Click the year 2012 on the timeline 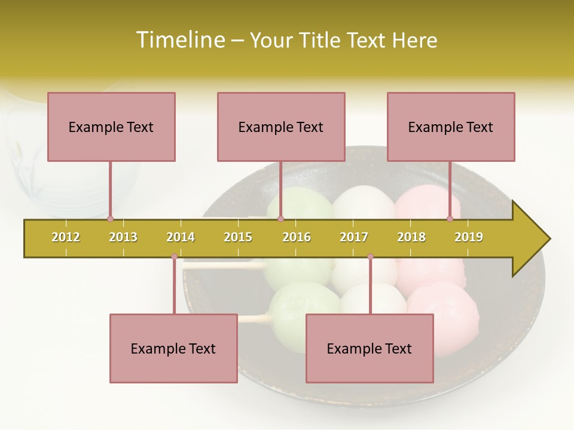[66, 237]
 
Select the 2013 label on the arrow [123, 237]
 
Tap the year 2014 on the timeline [181, 237]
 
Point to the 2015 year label [238, 237]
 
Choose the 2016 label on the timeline [297, 237]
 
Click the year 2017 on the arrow [354, 237]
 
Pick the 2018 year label [411, 237]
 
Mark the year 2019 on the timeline [469, 237]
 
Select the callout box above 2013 [111, 127]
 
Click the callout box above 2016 [281, 127]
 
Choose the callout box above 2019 [451, 127]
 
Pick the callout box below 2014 [173, 348]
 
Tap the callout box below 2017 [370, 348]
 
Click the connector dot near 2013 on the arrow [111, 219]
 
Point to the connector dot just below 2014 [174, 257]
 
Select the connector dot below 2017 [370, 257]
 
